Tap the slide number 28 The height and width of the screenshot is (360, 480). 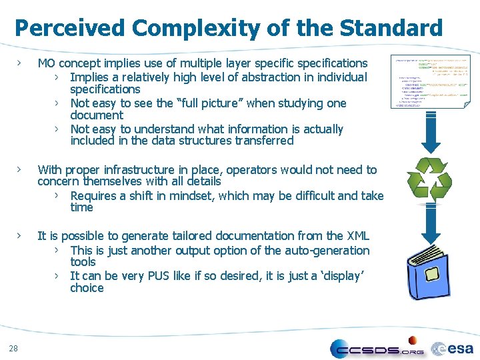pos(14,347)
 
